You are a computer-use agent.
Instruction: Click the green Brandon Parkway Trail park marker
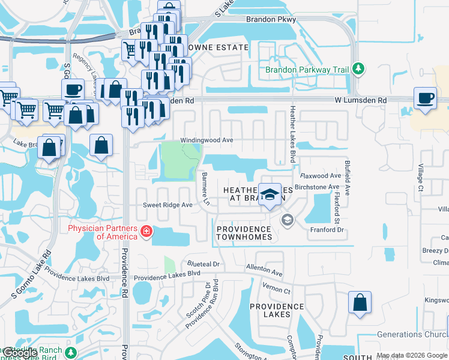click(x=358, y=70)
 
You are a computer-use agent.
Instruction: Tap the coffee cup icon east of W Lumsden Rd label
click(x=426, y=98)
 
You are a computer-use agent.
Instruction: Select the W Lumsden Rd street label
click(x=361, y=100)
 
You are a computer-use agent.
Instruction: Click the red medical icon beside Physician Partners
click(x=145, y=232)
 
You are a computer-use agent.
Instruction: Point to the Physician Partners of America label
click(x=102, y=232)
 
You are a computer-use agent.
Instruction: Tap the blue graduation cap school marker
click(x=270, y=194)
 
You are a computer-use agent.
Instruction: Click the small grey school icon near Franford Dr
click(x=287, y=220)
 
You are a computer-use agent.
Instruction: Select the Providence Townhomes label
click(x=244, y=233)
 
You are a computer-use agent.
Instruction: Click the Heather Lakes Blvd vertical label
click(x=293, y=134)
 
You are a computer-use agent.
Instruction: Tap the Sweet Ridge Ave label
click(x=167, y=205)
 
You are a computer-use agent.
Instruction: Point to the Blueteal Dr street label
click(x=203, y=264)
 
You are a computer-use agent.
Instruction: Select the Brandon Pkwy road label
click(x=271, y=19)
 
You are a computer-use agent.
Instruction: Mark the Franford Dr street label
click(x=325, y=230)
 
